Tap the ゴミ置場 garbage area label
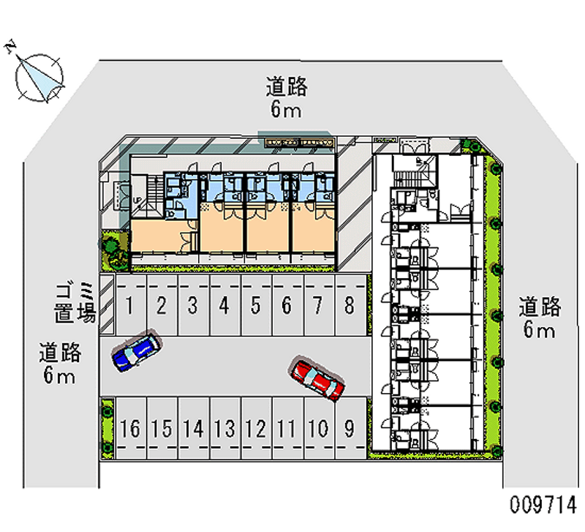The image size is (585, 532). coord(75,303)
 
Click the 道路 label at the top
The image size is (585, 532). coord(286,88)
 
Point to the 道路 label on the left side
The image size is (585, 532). coord(60,353)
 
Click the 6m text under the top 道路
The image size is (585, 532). coord(286,110)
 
